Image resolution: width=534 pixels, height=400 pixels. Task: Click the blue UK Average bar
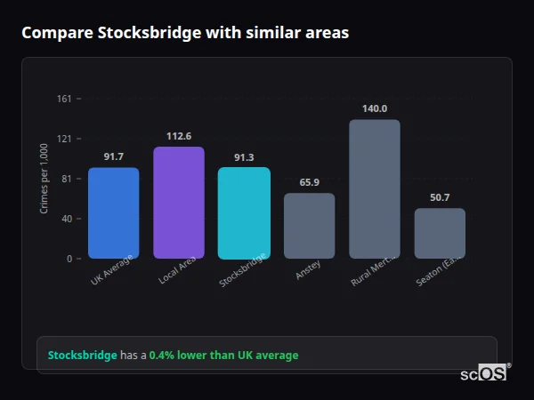113,212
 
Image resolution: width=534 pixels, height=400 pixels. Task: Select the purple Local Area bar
179,203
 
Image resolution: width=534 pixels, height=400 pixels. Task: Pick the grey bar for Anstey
309,226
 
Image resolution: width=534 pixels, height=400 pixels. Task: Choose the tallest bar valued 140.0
375,188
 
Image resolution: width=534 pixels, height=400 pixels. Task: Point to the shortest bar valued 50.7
440,233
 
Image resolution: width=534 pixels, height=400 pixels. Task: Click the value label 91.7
113,157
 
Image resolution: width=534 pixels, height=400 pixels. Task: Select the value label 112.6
179,136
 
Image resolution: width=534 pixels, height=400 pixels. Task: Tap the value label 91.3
244,157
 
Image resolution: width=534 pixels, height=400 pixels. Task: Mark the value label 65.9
309,182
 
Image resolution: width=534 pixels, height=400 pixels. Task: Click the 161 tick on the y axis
64,99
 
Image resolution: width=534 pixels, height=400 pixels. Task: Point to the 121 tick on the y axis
64,139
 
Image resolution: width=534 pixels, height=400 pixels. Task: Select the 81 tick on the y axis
67,179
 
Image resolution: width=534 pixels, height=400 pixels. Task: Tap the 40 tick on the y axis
67,219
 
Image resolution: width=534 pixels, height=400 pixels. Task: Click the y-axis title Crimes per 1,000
44,179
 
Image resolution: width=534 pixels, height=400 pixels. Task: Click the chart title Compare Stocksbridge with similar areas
185,33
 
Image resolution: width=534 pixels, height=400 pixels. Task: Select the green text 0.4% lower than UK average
223,356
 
